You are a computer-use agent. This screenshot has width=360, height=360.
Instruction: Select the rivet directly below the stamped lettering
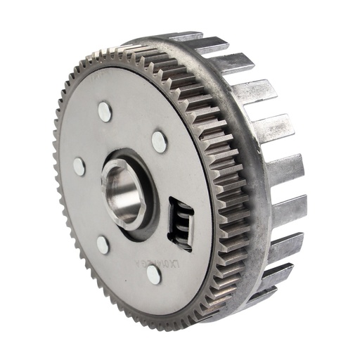pos(154,275)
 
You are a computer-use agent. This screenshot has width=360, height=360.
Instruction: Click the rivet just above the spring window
pos(159,141)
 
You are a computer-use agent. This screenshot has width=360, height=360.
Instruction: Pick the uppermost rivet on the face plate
pos(105,110)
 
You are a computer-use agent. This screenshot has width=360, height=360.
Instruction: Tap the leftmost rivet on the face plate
pos(79,167)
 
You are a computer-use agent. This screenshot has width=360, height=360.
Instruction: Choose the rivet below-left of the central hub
pos(103,245)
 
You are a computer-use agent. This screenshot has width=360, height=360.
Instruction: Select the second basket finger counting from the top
pos(231,63)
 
